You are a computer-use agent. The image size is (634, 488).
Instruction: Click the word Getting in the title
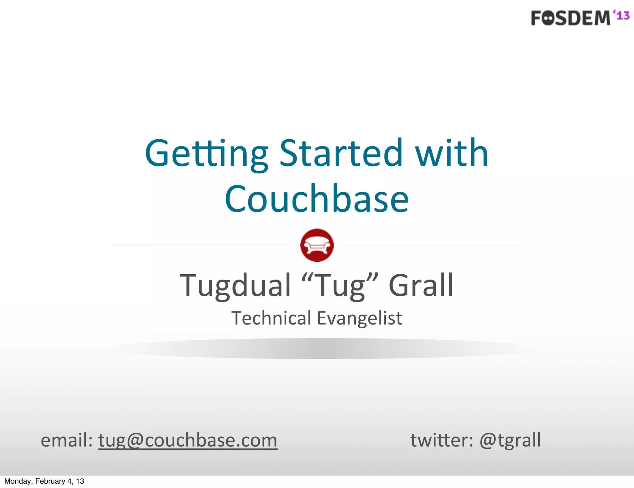pos(206,154)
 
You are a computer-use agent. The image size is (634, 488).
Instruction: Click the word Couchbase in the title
pos(317,199)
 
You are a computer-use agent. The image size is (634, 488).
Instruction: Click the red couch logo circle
pos(317,245)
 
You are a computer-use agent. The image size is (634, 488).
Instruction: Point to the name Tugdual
pos(235,285)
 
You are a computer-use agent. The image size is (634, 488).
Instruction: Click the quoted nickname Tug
pos(340,285)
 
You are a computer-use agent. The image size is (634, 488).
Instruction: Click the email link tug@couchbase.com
pos(188,440)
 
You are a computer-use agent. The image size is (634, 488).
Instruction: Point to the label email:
pos(67,440)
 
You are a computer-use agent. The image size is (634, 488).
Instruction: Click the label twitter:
pos(441,440)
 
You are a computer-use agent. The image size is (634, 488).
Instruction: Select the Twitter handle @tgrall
pos(510,440)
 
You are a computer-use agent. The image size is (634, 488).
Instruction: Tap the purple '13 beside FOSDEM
pos(621,15)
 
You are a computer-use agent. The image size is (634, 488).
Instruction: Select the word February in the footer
pos(50,481)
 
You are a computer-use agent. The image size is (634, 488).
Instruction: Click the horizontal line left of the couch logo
pos(200,245)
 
